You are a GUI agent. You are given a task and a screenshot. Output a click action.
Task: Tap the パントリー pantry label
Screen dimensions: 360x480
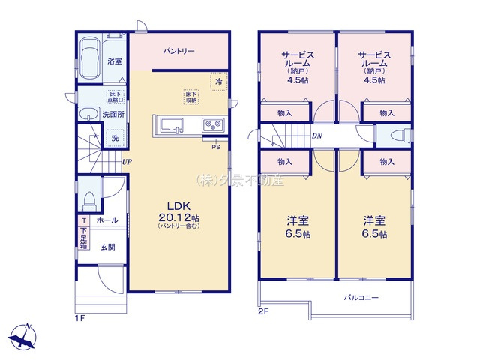click(x=179, y=52)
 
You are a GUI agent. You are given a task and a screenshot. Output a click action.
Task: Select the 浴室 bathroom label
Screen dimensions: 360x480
click(x=115, y=61)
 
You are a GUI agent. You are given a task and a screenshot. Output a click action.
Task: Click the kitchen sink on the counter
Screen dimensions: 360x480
click(x=169, y=124)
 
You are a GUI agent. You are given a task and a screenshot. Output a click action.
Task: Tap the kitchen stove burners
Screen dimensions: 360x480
click(x=211, y=124)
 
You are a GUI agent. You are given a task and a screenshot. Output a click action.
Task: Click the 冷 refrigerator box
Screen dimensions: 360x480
click(x=219, y=81)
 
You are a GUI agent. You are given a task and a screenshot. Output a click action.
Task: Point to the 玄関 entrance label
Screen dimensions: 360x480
click(x=107, y=244)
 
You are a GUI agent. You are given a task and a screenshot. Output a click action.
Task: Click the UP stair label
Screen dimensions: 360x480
click(x=127, y=160)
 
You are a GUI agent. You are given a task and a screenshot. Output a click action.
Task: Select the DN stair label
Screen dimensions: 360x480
click(x=317, y=136)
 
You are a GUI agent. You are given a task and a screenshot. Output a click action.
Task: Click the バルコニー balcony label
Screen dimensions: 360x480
click(x=362, y=297)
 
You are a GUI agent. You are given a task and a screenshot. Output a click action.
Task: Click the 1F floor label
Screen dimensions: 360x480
click(x=80, y=318)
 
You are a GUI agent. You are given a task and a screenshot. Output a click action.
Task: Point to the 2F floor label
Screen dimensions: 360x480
click(x=263, y=310)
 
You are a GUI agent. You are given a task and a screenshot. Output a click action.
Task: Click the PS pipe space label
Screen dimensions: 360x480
click(x=215, y=146)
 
